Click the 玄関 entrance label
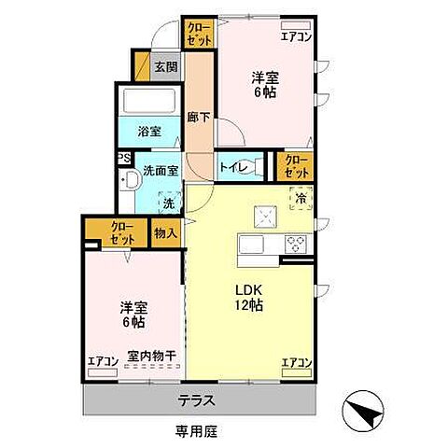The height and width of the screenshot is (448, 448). click(x=166, y=67)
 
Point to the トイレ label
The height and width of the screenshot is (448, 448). click(x=231, y=167)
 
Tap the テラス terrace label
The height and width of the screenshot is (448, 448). click(x=197, y=401)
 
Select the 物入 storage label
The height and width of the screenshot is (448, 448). click(x=165, y=233)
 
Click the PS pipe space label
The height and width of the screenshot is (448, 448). click(x=123, y=159)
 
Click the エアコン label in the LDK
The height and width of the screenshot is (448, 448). click(x=297, y=362)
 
